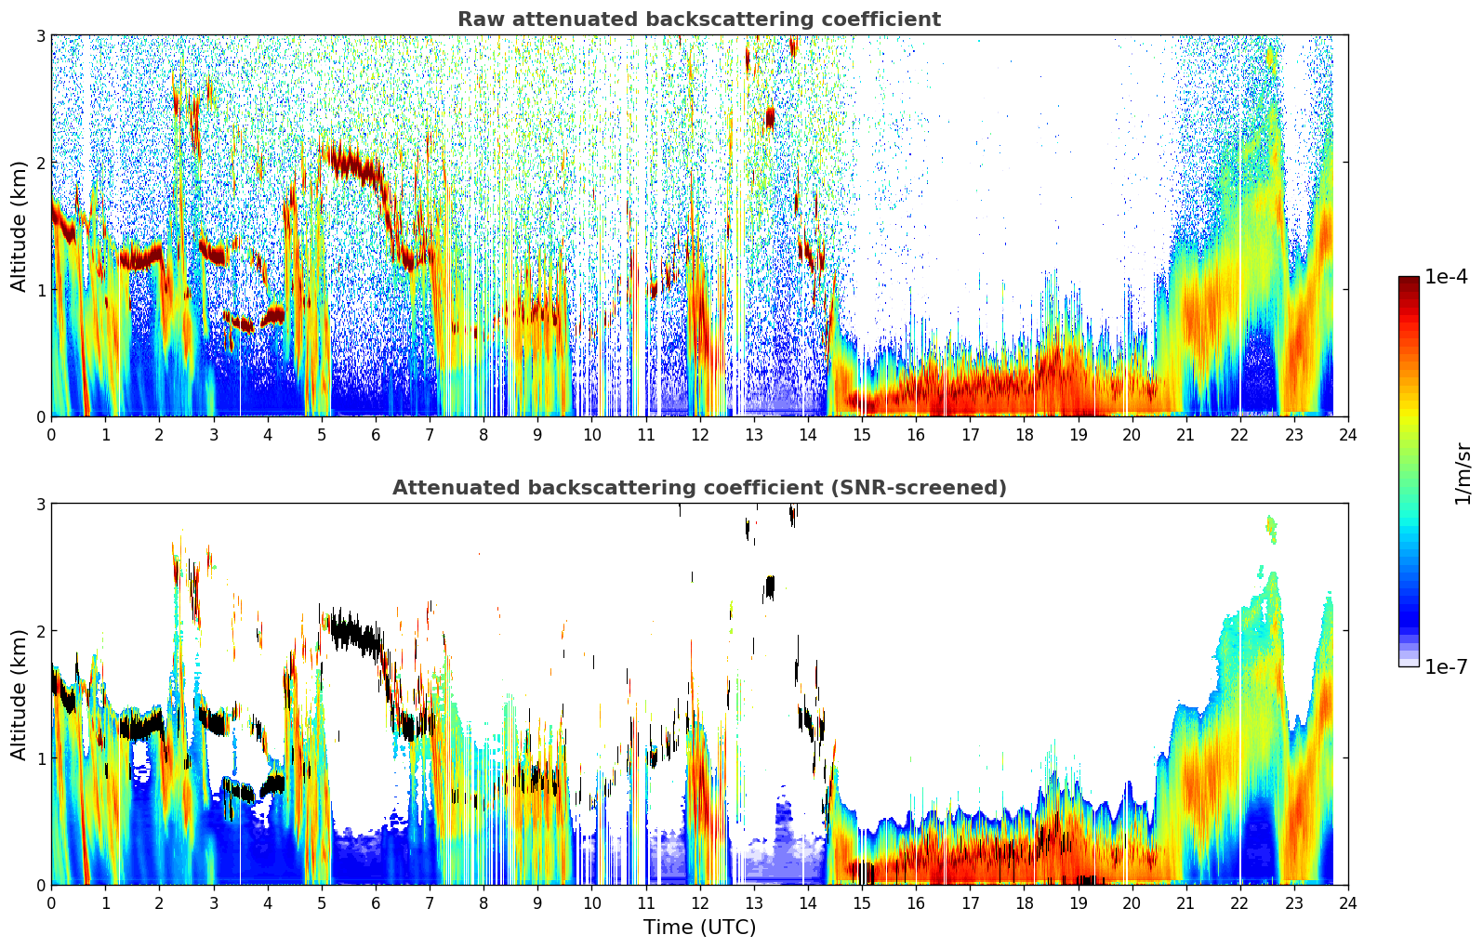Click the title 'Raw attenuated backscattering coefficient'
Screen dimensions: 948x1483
[x=698, y=20]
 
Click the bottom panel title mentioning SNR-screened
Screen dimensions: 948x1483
[x=698, y=488]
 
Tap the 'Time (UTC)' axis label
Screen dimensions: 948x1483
[x=699, y=928]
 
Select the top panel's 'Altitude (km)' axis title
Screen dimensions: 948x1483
[x=19, y=226]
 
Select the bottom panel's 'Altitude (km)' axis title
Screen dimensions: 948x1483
[x=19, y=694]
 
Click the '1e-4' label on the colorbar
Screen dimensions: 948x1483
[x=1446, y=277]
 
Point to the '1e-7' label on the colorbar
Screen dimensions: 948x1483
[x=1446, y=666]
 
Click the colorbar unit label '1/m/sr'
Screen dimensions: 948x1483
[x=1463, y=473]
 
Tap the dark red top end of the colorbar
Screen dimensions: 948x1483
[x=1409, y=282]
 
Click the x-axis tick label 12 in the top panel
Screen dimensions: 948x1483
[x=699, y=435]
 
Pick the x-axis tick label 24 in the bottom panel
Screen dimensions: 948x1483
[x=1348, y=903]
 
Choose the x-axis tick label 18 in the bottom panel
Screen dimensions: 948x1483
[x=1024, y=903]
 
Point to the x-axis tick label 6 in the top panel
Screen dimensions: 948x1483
[x=376, y=435]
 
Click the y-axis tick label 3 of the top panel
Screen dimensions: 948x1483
[x=41, y=35]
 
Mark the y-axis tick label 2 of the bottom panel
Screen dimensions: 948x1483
[x=41, y=631]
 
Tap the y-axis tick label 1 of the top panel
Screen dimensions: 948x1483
[x=41, y=290]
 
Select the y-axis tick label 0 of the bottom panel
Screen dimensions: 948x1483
[x=41, y=885]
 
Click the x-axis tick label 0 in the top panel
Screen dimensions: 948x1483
[x=51, y=435]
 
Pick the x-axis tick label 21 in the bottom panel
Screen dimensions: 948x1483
[x=1185, y=903]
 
